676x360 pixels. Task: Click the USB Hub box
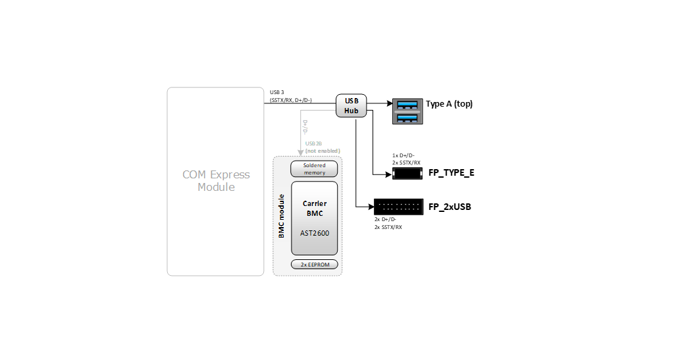point(351,105)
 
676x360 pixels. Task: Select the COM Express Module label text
point(216,181)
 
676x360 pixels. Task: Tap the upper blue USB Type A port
point(407,104)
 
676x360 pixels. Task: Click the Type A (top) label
point(449,104)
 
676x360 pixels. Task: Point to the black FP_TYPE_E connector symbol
point(407,174)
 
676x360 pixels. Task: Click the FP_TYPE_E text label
point(451,174)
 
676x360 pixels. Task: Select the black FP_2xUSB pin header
point(398,207)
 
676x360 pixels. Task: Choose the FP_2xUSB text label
point(450,207)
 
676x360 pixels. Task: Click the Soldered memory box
point(314,168)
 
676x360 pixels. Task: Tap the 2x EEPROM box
point(314,265)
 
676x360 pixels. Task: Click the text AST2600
point(314,233)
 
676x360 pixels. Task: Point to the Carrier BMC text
point(314,208)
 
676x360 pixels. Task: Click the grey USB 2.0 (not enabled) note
point(322,147)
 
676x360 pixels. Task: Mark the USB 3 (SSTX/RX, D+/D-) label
point(290,96)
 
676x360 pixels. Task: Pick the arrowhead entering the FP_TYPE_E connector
point(388,174)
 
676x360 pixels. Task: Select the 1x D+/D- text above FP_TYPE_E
point(403,155)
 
